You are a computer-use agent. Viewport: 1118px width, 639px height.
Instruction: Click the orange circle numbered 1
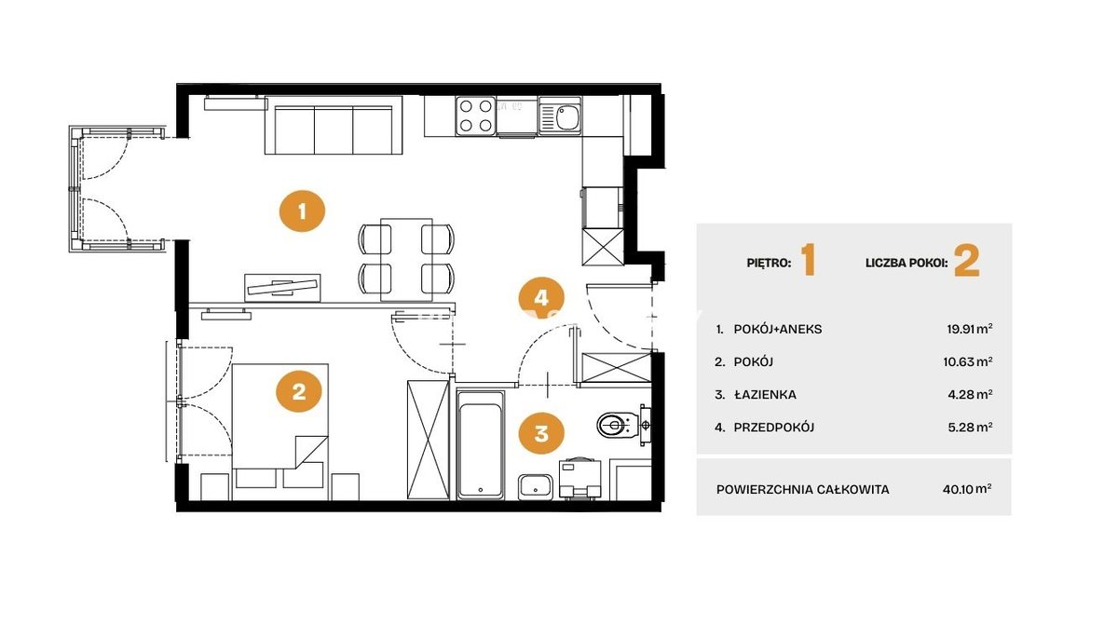(302, 211)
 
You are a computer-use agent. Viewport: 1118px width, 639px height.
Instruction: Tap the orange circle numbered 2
(299, 391)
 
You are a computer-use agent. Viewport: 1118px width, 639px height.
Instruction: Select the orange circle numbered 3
(541, 433)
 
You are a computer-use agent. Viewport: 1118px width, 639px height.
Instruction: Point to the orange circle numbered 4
(541, 298)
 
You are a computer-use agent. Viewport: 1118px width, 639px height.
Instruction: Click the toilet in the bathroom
(624, 425)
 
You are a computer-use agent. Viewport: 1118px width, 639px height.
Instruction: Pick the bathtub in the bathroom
(480, 445)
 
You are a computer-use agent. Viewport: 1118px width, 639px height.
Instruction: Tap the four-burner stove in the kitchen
(476, 116)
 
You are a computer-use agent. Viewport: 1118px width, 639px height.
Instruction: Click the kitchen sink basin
(567, 117)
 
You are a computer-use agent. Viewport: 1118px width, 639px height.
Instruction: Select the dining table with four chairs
(406, 259)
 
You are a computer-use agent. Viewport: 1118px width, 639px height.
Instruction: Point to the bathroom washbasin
(536, 486)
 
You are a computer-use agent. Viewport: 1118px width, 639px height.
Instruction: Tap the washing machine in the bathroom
(579, 479)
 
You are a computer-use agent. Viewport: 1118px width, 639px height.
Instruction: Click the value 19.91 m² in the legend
(970, 329)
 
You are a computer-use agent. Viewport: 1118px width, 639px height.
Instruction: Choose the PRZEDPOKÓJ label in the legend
(774, 427)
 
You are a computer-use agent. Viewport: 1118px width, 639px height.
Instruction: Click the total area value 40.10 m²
(967, 489)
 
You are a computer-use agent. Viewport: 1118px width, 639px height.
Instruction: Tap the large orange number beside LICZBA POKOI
(967, 262)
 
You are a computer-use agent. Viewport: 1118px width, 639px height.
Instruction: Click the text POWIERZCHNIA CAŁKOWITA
(802, 489)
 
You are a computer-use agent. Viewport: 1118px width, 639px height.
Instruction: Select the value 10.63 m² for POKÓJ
(968, 361)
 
